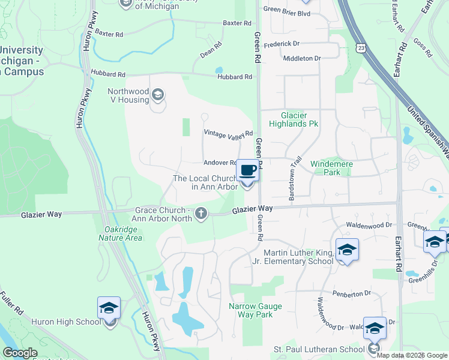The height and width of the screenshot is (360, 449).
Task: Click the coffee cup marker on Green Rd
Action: pyautogui.click(x=247, y=170)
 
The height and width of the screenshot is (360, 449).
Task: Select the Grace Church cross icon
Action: pyautogui.click(x=201, y=213)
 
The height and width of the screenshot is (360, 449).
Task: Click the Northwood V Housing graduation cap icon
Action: pyautogui.click(x=157, y=94)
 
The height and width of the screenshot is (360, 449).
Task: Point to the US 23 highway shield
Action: pyautogui.click(x=360, y=47)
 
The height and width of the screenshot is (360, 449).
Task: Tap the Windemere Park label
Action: pyautogui.click(x=331, y=168)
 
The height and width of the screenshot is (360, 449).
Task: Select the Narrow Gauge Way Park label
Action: pyautogui.click(x=251, y=310)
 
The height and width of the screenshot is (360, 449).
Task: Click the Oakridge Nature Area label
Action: pyautogui.click(x=121, y=233)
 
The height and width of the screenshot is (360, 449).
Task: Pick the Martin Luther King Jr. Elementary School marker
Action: pyautogui.click(x=346, y=249)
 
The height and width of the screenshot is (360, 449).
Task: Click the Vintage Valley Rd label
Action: pyautogui.click(x=228, y=133)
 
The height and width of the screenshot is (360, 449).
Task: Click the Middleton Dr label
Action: pyautogui.click(x=302, y=58)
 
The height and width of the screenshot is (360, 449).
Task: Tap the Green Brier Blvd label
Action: pyautogui.click(x=286, y=10)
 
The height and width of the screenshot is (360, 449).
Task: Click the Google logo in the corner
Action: pyautogui.click(x=20, y=353)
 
